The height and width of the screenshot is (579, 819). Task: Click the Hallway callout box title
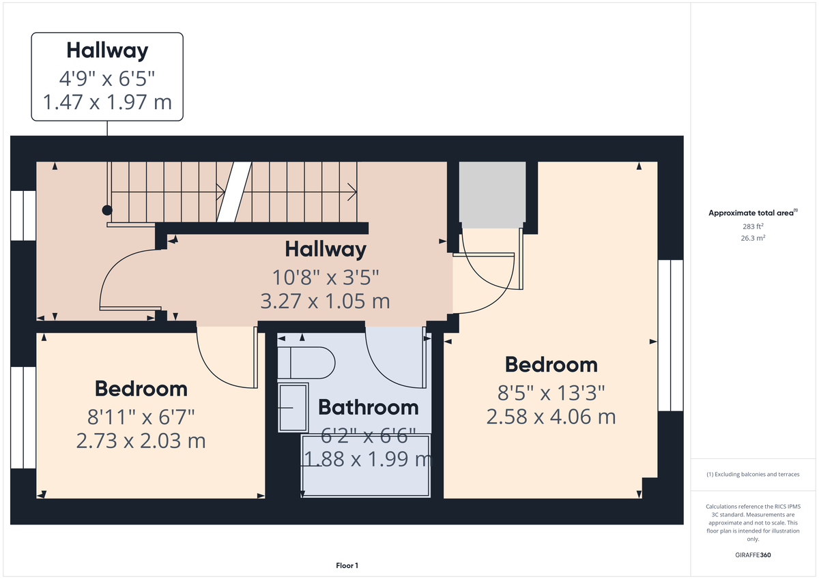(107, 50)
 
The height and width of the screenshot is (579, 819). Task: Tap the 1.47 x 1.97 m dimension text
(107, 102)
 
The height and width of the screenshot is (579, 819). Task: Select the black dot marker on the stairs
(106, 210)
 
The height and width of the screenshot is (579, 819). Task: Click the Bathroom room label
(369, 407)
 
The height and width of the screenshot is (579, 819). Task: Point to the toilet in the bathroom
(311, 362)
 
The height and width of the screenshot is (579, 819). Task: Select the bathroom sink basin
(293, 407)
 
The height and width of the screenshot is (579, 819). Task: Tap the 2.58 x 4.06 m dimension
(551, 416)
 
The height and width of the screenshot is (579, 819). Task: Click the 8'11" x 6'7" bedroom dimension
(141, 415)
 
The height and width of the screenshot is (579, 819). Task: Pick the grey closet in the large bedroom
(492, 194)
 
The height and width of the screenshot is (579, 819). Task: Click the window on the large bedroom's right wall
(670, 335)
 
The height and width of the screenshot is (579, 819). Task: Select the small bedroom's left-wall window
(23, 417)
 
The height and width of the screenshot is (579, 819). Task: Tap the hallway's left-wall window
(23, 216)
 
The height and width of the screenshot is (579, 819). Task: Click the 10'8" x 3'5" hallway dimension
(325, 276)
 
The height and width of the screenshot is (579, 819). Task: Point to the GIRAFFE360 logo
(753, 555)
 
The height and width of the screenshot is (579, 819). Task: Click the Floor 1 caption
(347, 565)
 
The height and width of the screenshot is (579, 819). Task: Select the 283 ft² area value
(753, 226)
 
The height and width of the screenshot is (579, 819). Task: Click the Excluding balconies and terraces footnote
(753, 474)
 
